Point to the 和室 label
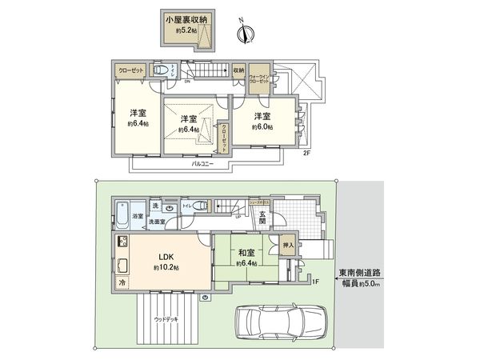246,252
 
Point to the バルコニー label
201,164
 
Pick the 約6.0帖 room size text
262,127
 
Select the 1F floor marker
315,282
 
